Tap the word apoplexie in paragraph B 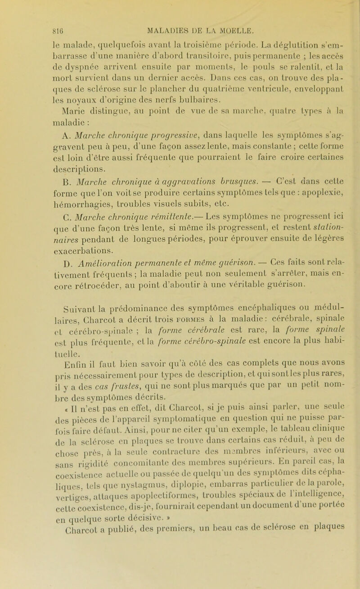(298, 197)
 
